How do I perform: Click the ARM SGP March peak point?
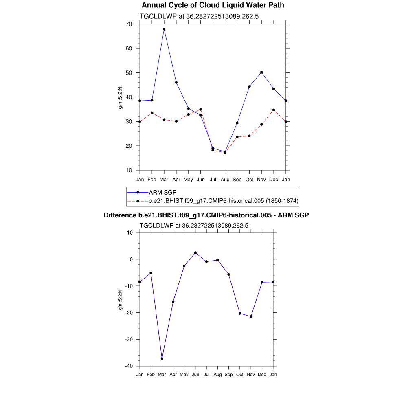coord(164,29)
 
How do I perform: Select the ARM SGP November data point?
coord(261,72)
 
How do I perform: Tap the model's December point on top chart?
coord(274,110)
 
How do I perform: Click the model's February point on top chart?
coord(152,113)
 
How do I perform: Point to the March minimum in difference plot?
coord(162,358)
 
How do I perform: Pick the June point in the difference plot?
coord(195,252)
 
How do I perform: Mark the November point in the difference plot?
coord(251,316)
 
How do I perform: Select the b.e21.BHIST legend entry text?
coord(223,201)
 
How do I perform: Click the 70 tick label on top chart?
coord(129,24)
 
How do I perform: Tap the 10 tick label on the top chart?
coord(129,170)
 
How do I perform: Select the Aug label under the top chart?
coord(225,180)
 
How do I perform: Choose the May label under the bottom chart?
coord(184,374)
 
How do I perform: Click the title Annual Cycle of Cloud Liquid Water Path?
coord(213,5)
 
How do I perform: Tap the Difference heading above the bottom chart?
coord(206,215)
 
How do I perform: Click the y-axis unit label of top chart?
coord(121,97)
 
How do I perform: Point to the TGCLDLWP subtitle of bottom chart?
coord(194,225)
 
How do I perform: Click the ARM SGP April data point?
coord(176,83)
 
